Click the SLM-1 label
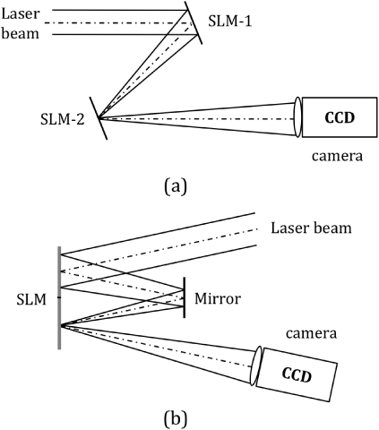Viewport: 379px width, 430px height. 231,20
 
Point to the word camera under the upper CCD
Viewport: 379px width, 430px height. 336,157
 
